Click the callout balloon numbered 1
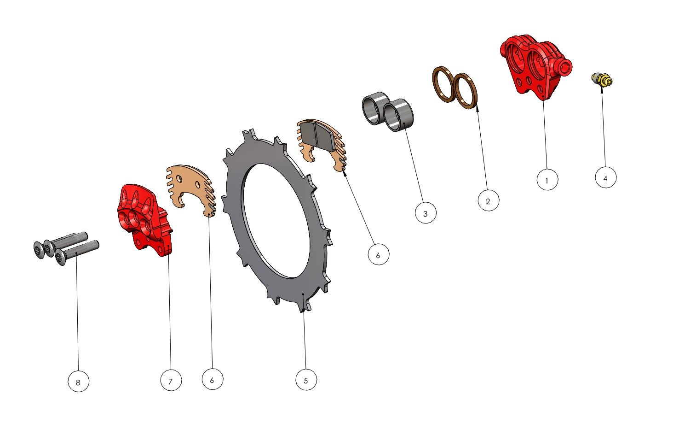tap(547, 180)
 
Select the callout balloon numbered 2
tap(489, 200)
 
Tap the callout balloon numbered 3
tap(426, 213)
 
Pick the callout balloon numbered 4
tap(606, 177)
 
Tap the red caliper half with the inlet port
tap(535, 67)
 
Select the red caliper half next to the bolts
tap(144, 220)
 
